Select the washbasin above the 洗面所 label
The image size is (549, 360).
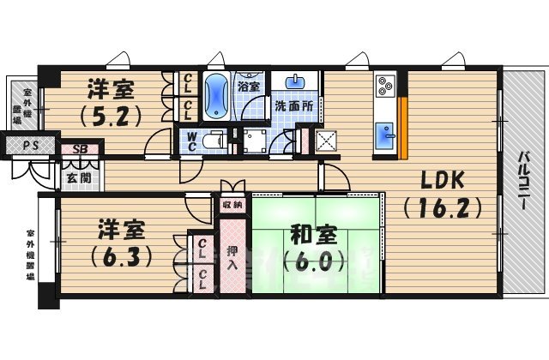click(x=297, y=83)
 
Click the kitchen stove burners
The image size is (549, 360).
click(x=385, y=86)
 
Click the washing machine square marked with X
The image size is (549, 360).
click(x=327, y=141)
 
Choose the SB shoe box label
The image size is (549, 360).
click(x=79, y=148)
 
